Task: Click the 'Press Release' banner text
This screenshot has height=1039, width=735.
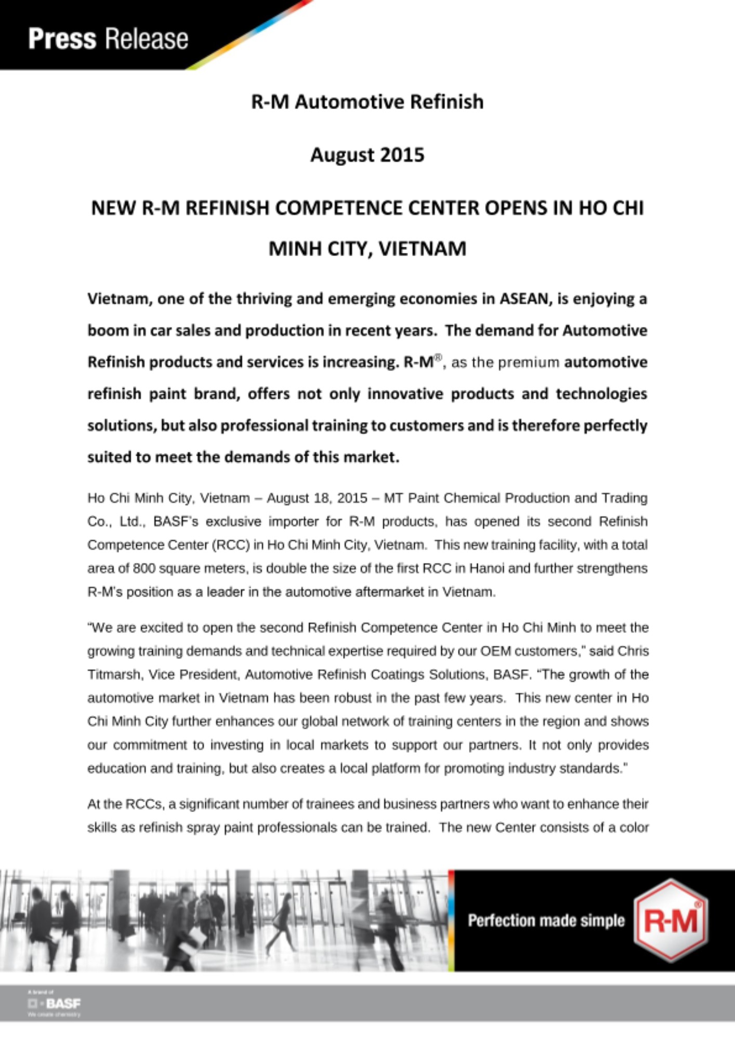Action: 108,39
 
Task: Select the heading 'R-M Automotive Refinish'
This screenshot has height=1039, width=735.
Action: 367,102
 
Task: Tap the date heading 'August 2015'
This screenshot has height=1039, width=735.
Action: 367,155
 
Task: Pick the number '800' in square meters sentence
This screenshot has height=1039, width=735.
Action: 144,568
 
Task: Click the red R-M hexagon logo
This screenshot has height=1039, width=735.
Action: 671,921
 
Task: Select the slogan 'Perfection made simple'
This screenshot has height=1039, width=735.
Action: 546,921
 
